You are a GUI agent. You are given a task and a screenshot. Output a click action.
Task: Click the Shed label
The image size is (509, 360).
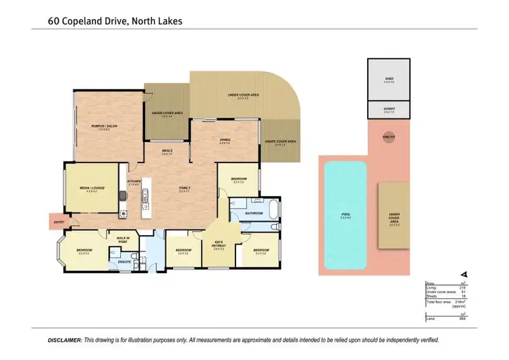(388, 78)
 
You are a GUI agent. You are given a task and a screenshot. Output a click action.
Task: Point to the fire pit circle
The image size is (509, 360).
(388, 137)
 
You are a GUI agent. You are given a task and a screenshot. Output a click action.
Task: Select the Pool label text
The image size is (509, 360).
(345, 215)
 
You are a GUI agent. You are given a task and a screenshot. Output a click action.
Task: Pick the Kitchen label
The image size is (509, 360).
(133, 182)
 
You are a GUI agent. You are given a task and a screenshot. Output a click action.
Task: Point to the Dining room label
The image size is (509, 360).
(225, 141)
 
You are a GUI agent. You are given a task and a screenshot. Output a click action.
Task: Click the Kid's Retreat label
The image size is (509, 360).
(219, 247)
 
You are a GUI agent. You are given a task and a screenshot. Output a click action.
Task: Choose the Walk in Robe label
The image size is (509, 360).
(124, 239)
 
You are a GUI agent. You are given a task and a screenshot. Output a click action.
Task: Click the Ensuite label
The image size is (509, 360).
(124, 261)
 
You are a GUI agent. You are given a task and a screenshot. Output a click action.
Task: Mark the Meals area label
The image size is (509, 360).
(166, 151)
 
